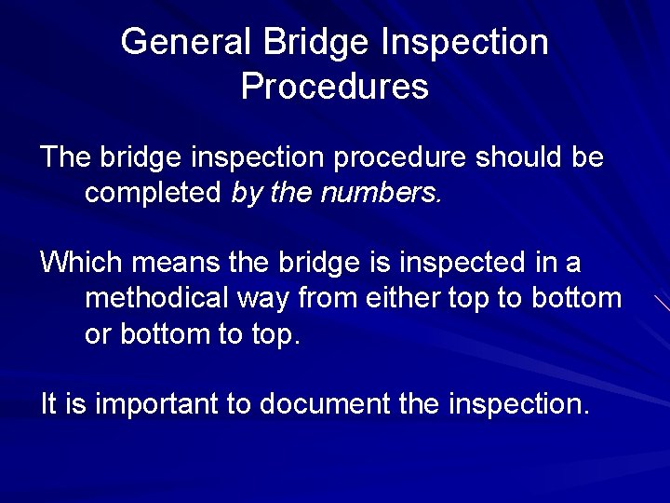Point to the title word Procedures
point(335,87)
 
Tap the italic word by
point(246,193)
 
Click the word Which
point(81,263)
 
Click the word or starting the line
point(98,334)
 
